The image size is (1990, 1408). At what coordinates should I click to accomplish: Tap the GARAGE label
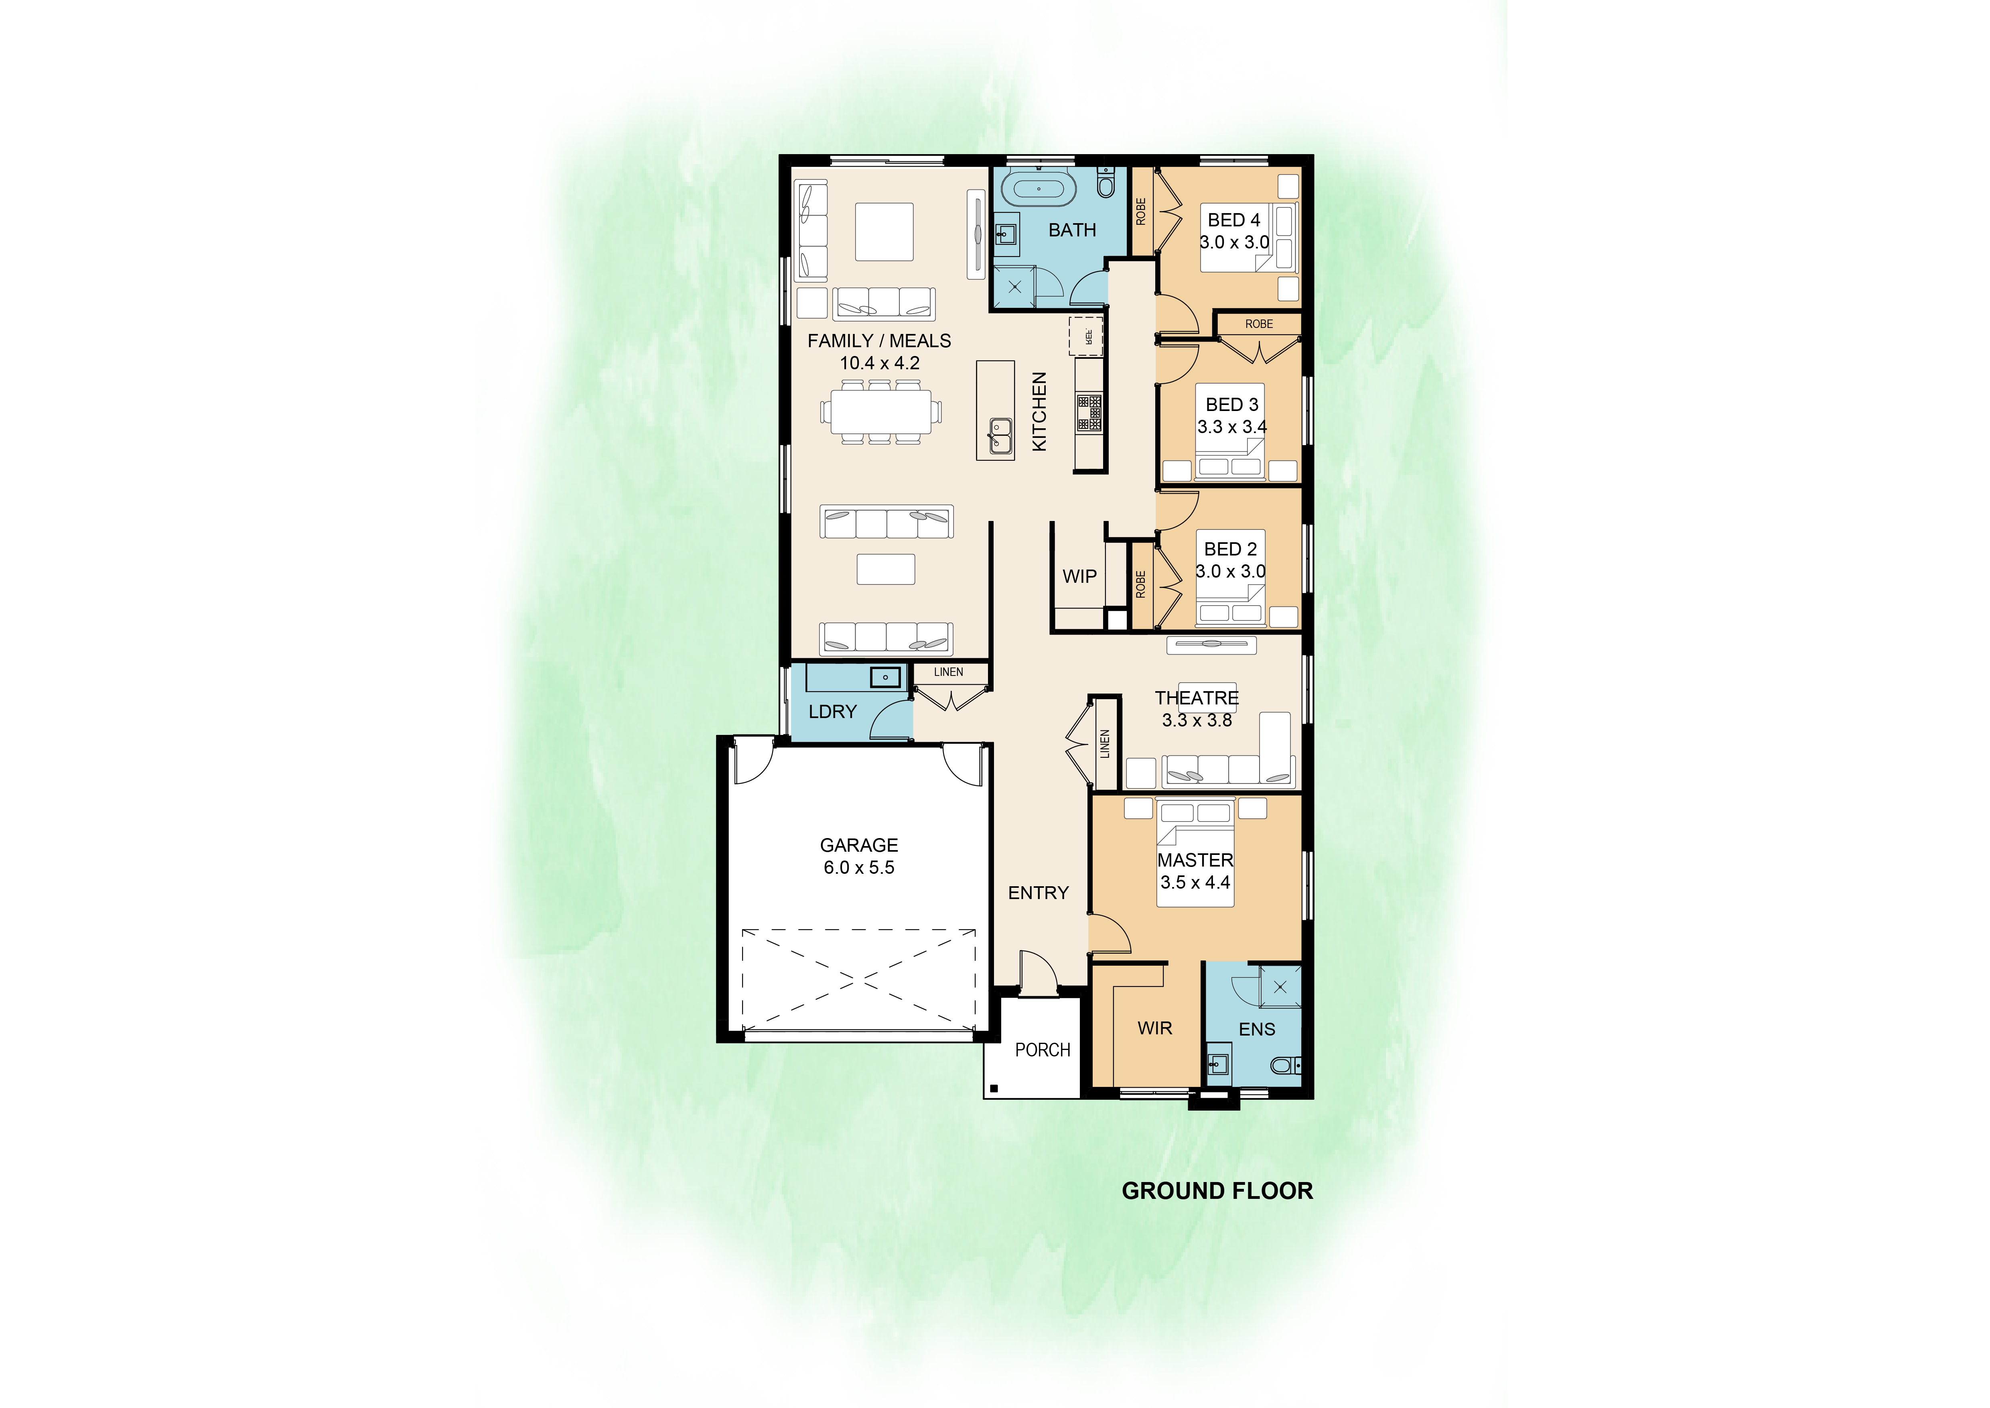(859, 845)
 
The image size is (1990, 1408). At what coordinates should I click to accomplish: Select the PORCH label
(1043, 1050)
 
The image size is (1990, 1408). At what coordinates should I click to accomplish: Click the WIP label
(1079, 576)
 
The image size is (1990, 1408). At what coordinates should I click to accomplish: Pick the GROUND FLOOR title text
(1217, 1191)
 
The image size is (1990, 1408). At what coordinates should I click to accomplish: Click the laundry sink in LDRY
(885, 676)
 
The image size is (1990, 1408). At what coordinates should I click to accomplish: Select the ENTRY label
(1039, 893)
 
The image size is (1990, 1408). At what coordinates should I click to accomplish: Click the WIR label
(1154, 1028)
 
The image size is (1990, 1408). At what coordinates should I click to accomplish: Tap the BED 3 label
(1231, 405)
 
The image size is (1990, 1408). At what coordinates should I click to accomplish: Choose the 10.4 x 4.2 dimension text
(880, 363)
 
